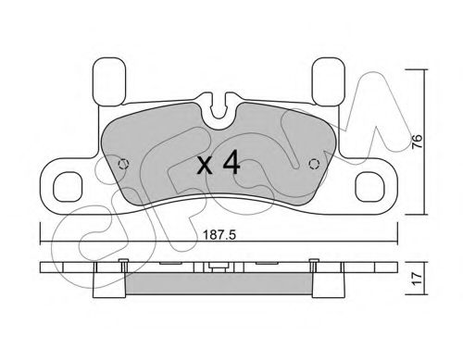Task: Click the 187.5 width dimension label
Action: point(219,235)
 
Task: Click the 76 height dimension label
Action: point(417,142)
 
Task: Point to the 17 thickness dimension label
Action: point(417,279)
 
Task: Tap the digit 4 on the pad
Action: point(231,162)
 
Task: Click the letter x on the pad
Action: point(205,166)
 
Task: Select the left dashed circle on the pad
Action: point(124,164)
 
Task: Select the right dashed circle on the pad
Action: point(314,164)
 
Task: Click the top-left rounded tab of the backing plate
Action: point(109,81)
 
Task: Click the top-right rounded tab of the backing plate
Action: point(328,81)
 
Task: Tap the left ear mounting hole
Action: point(68,187)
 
